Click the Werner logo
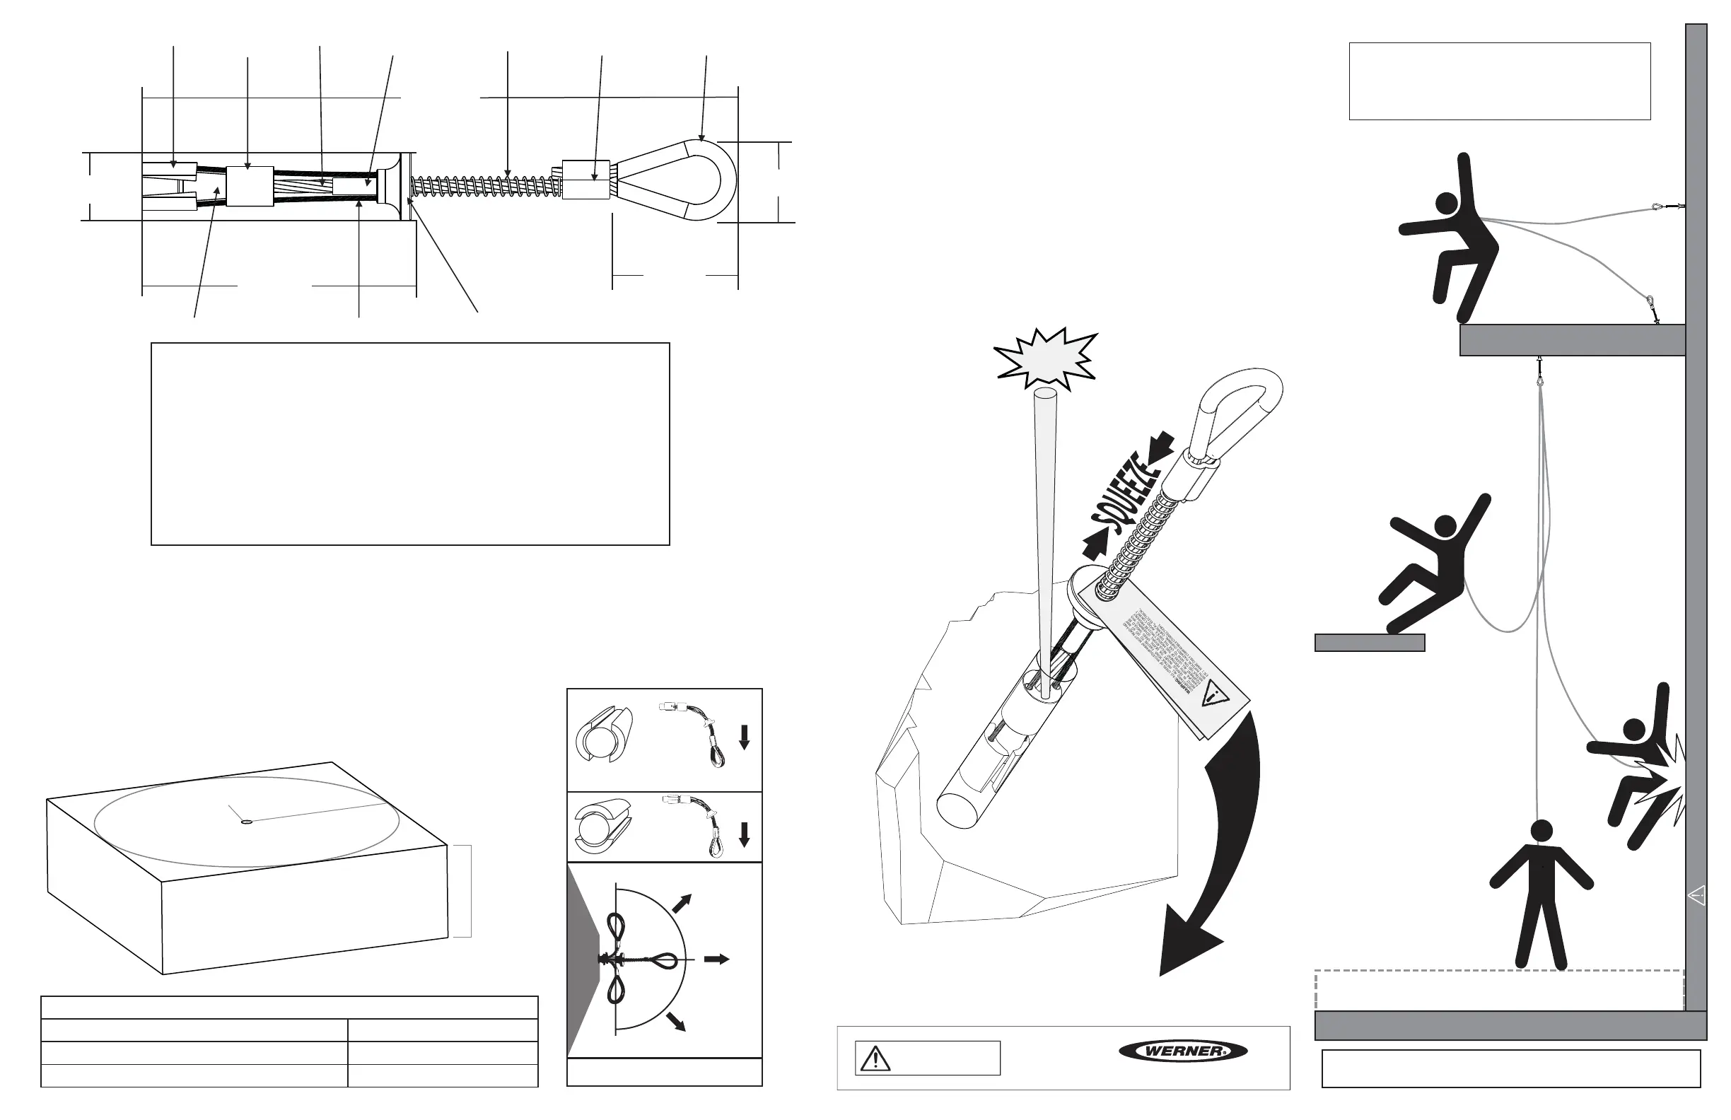[1182, 1051]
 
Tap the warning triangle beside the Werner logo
[875, 1059]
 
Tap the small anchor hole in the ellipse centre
[246, 822]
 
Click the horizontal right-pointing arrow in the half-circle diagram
[716, 959]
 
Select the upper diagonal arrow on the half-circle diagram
[682, 903]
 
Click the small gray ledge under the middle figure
[1369, 643]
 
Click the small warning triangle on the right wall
[1696, 895]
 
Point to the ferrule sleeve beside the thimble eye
[586, 180]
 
